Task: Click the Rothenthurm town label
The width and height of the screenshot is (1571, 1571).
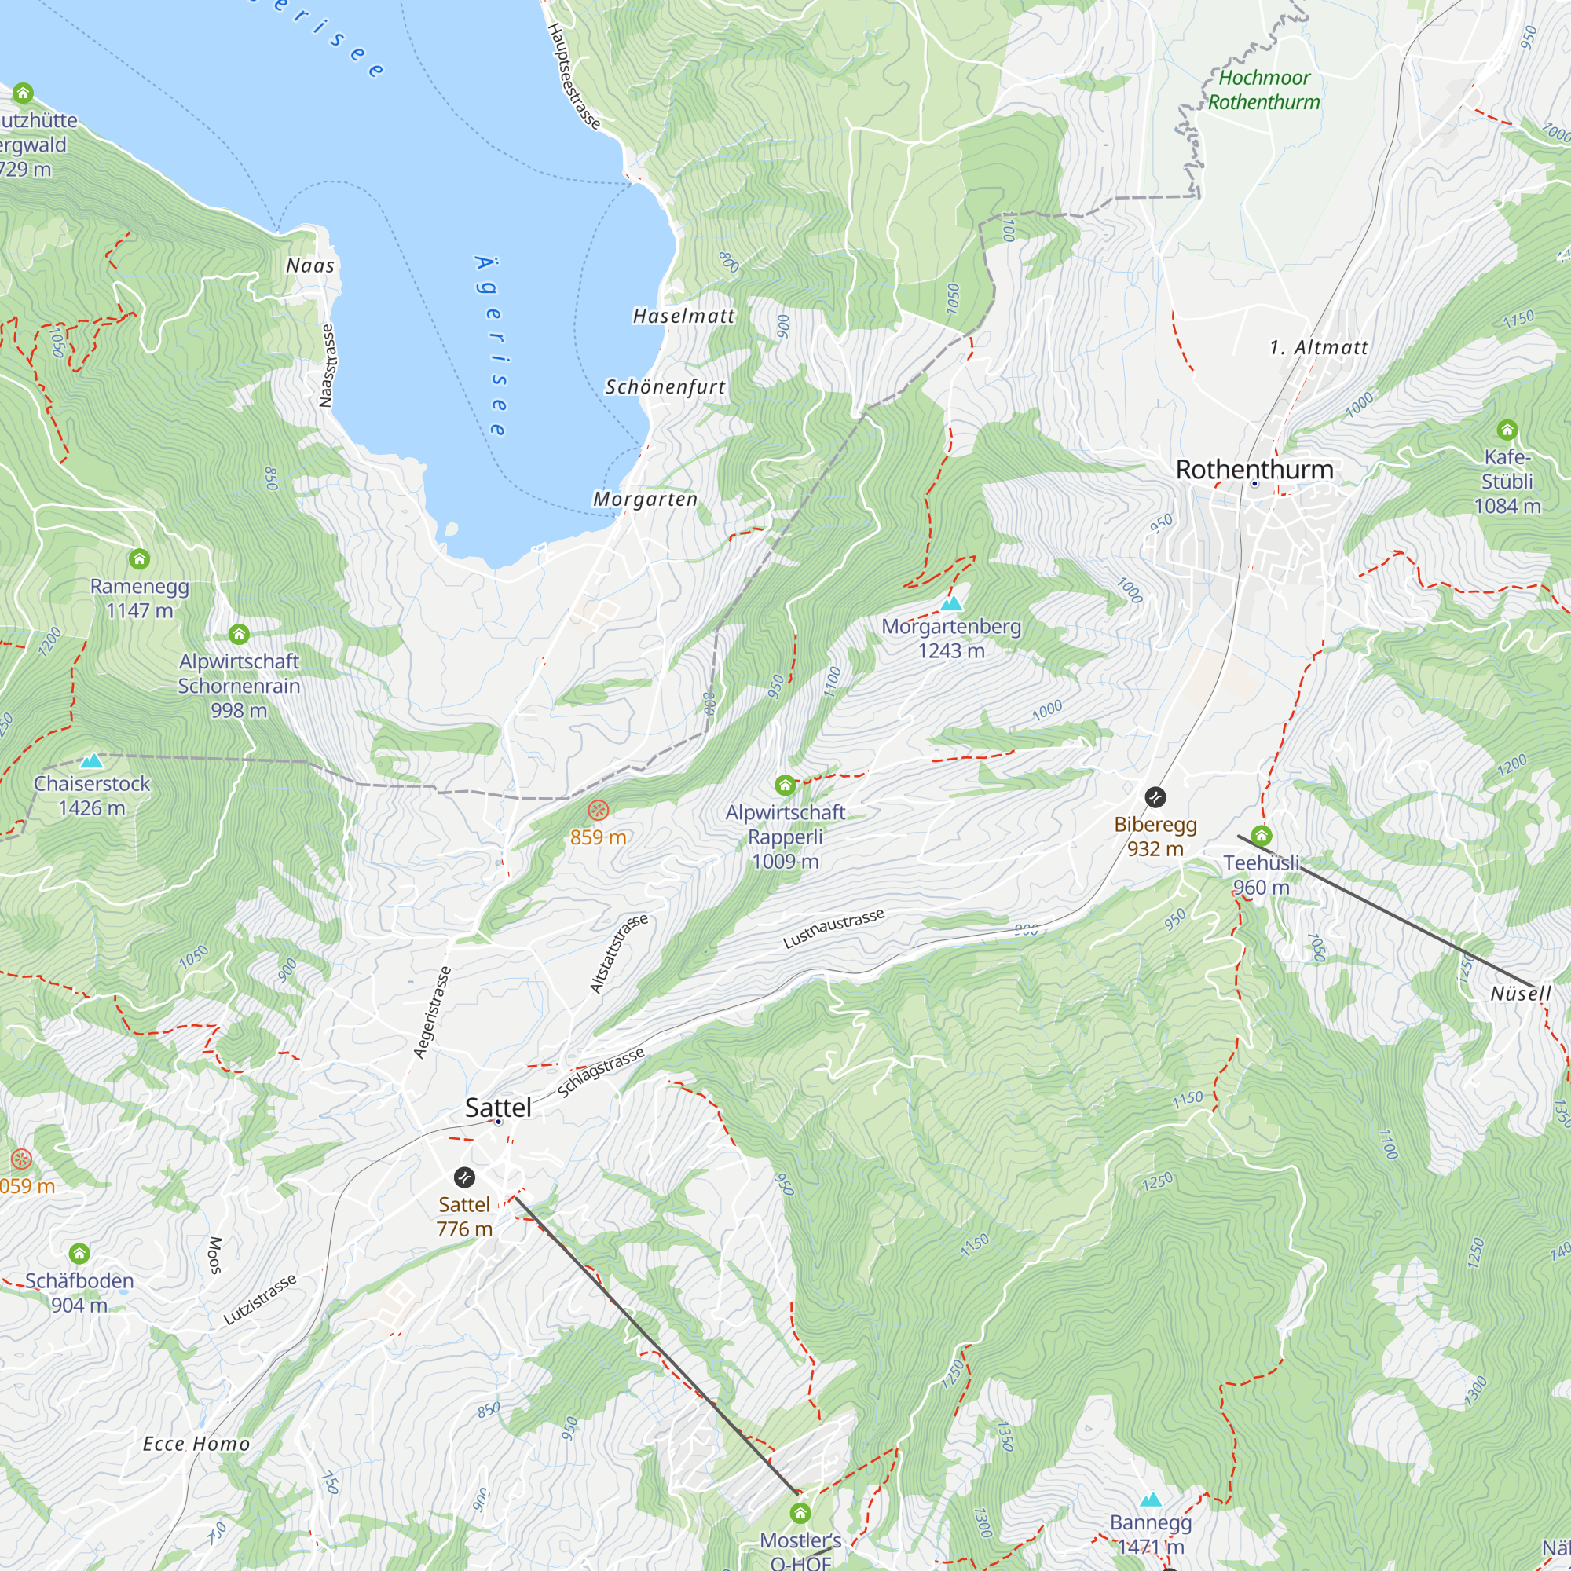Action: tap(1254, 469)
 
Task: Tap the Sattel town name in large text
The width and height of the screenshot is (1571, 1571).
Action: tap(498, 1107)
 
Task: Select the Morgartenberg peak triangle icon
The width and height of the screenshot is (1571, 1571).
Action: tap(951, 604)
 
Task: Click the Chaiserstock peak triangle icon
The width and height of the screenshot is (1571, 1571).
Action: tap(92, 761)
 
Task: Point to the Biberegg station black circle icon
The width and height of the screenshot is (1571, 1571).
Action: tap(1155, 796)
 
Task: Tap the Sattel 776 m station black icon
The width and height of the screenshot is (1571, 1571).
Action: tap(463, 1177)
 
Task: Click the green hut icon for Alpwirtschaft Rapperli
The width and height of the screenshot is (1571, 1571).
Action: tap(785, 785)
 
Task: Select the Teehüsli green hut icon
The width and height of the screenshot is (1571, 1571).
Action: tap(1262, 835)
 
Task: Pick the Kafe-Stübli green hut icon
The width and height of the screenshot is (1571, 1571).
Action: tap(1507, 430)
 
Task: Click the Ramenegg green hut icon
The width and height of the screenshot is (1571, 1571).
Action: tap(139, 558)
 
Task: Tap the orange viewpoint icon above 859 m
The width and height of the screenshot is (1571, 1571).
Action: tap(598, 810)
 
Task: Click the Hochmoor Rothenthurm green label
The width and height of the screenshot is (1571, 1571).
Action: tap(1264, 90)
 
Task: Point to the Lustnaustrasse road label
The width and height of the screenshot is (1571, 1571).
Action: tap(833, 928)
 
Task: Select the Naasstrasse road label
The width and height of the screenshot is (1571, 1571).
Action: tap(327, 365)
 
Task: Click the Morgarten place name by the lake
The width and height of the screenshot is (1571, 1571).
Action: tap(645, 499)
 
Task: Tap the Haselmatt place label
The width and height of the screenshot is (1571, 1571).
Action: tap(683, 316)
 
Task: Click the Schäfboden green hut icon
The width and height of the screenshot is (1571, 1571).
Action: tap(79, 1253)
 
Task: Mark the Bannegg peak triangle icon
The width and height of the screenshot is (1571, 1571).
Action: tap(1150, 1500)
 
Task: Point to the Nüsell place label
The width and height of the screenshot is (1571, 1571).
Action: tap(1521, 993)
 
